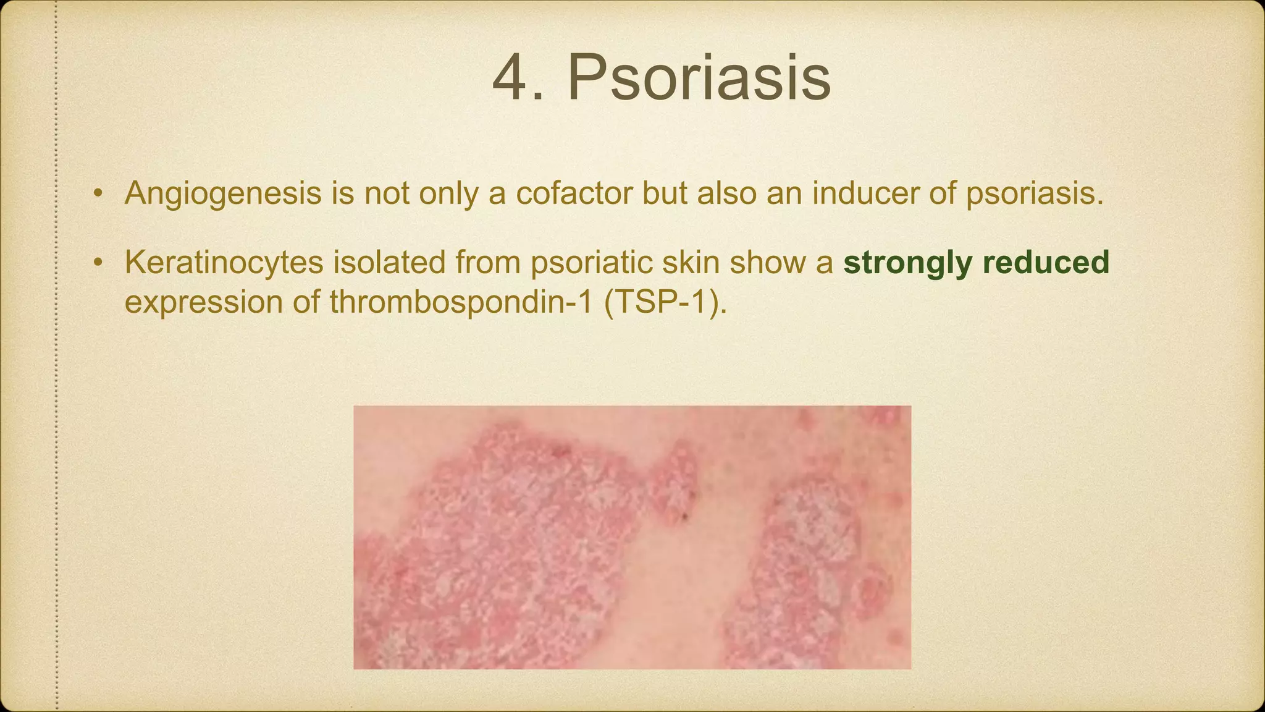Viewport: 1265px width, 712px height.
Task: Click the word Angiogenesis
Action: [223, 193]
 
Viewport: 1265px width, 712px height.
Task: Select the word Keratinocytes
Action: [224, 263]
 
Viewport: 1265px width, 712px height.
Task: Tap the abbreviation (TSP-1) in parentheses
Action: [665, 302]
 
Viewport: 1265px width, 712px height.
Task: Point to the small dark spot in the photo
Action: [684, 515]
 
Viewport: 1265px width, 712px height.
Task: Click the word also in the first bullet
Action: [726, 193]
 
